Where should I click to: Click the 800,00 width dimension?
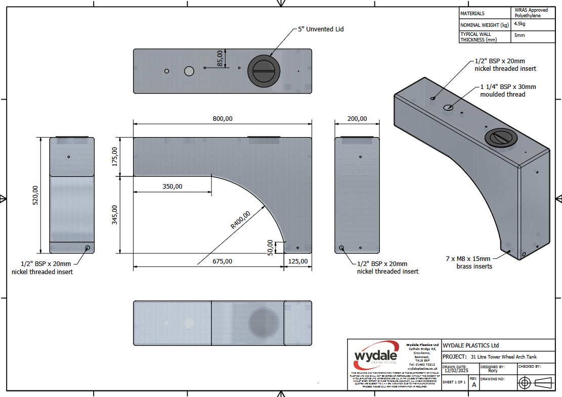click(x=222, y=119)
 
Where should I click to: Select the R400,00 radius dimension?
click(x=240, y=220)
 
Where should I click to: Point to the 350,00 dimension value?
click(x=172, y=187)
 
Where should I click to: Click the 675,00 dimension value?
click(x=222, y=261)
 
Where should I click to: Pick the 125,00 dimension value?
click(x=297, y=261)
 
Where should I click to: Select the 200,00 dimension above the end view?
click(x=357, y=119)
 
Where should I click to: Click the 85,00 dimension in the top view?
click(x=220, y=58)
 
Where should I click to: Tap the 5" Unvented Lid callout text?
click(x=321, y=29)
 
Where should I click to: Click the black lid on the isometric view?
click(x=500, y=137)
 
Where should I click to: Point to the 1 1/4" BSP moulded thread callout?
click(x=508, y=91)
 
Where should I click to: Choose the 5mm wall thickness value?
click(x=520, y=36)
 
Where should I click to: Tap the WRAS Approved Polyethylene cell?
click(x=531, y=13)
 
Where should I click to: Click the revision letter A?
click(x=474, y=384)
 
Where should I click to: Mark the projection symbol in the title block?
click(x=534, y=383)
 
